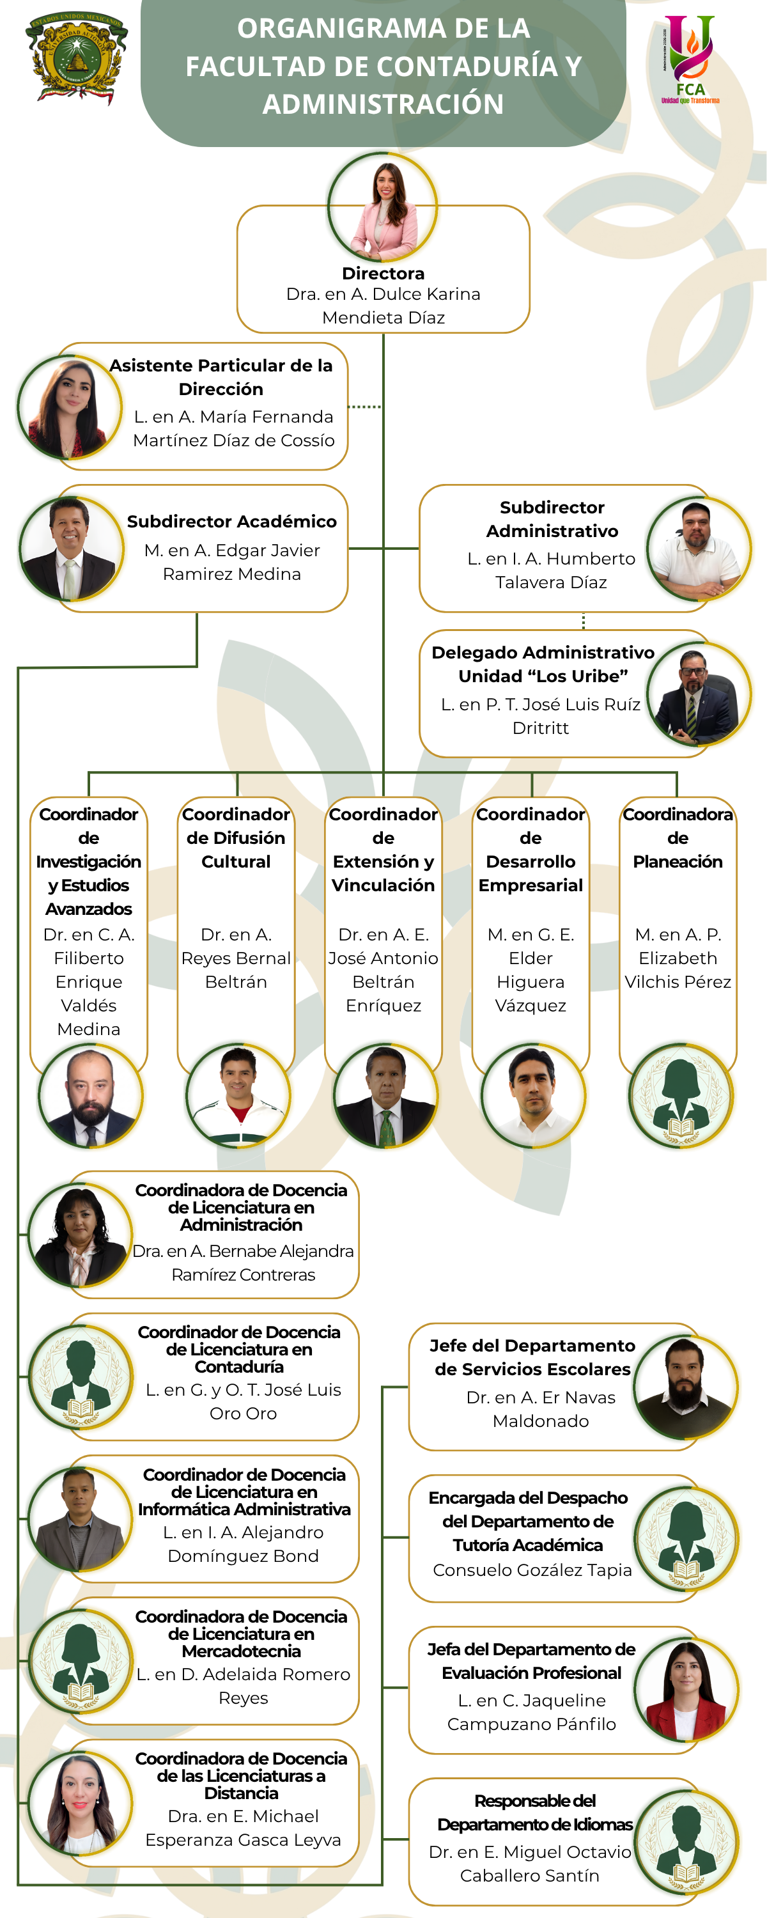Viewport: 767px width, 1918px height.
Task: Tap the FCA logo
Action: [690, 59]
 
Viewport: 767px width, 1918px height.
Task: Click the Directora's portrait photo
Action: [383, 207]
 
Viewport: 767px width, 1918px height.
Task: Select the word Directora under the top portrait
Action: [383, 273]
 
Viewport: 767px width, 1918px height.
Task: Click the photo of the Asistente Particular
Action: [69, 407]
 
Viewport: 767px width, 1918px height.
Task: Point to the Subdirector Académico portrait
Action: [71, 548]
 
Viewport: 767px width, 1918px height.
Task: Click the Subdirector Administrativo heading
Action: [552, 519]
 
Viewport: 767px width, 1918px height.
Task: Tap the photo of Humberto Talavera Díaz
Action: [699, 549]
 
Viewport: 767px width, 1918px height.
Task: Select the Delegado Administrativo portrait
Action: [699, 694]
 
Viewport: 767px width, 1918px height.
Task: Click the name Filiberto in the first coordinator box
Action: [89, 958]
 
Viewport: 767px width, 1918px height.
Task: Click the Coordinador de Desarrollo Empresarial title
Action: [531, 850]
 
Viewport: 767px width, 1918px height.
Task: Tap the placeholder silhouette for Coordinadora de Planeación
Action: [681, 1095]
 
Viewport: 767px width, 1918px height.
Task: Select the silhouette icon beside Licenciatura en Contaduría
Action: [81, 1378]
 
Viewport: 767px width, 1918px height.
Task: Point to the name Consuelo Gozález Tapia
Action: [532, 1570]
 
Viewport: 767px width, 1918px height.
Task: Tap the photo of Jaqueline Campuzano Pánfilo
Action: [686, 1690]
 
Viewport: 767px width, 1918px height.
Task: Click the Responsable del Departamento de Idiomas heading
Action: [535, 1813]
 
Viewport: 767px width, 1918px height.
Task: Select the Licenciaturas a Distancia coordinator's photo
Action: [81, 1804]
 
